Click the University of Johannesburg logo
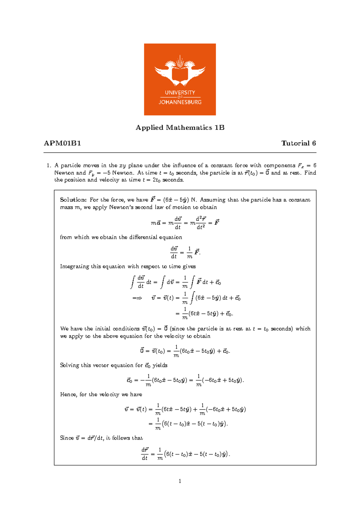click(180, 79)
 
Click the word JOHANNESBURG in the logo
click(180, 102)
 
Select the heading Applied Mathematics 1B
click(180, 128)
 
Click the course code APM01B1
click(62, 143)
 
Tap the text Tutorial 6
click(298, 143)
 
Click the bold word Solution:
click(73, 200)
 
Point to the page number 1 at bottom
click(180, 481)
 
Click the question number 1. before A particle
click(49, 165)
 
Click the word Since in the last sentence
click(67, 438)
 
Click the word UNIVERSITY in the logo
click(180, 92)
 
